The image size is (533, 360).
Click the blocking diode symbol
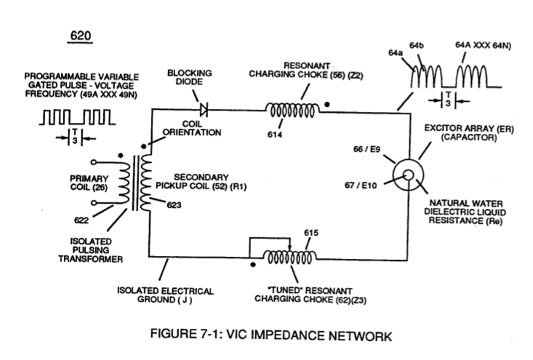[x=204, y=110]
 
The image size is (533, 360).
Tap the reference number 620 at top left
[x=80, y=36]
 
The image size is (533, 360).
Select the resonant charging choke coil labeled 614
[x=292, y=110]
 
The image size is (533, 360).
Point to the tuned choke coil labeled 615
[x=289, y=257]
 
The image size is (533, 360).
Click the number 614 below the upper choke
[x=275, y=135]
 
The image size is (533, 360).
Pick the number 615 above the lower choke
[x=311, y=233]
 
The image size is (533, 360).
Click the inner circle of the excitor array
[x=409, y=175]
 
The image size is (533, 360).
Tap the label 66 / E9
[x=366, y=149]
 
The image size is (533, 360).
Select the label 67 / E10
[x=361, y=185]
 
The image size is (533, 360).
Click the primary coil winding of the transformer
[x=124, y=183]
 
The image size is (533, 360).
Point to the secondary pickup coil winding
[x=146, y=183]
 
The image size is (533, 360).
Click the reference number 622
[x=81, y=220]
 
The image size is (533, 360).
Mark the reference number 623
[x=174, y=205]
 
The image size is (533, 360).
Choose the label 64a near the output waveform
[x=396, y=52]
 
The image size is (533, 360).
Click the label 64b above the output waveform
[x=417, y=45]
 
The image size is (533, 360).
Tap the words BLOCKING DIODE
[x=189, y=77]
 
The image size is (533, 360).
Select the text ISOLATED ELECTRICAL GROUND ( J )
[x=165, y=295]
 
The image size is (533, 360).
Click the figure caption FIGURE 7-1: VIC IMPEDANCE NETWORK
[x=271, y=335]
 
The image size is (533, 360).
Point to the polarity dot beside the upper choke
[x=327, y=104]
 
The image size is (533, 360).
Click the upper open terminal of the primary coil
[x=94, y=161]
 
